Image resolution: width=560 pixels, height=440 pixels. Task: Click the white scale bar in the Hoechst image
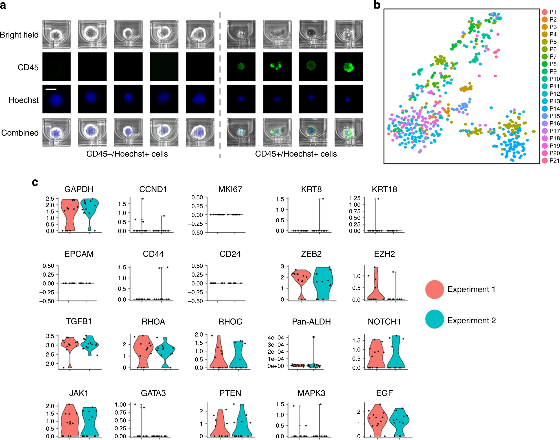tap(51, 89)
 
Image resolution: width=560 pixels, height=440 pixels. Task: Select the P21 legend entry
tap(550, 160)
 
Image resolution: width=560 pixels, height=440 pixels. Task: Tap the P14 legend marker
tap(544, 109)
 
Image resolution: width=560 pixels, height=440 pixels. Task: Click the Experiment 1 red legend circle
tap(435, 289)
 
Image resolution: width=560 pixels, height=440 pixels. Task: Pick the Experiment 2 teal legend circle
tap(435, 319)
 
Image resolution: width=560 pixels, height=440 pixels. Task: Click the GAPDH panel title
tap(79, 189)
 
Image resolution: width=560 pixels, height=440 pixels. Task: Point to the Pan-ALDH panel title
tap(311, 322)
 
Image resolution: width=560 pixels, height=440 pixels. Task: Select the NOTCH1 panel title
tap(384, 322)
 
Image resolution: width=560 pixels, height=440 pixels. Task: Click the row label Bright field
tap(19, 35)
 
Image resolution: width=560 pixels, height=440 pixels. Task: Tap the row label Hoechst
tap(23, 100)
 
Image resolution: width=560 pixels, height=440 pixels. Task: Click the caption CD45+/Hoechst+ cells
tap(296, 154)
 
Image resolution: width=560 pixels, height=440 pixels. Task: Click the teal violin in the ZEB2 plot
tap(323, 283)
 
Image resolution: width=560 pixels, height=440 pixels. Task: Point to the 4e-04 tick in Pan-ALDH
tap(275, 338)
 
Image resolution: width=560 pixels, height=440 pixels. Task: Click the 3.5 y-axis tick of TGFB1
tap(50, 336)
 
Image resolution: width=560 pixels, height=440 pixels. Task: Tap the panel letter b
tap(377, 5)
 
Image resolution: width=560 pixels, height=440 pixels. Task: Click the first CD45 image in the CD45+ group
tap(241, 67)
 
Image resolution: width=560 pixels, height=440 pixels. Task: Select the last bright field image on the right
tap(349, 34)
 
